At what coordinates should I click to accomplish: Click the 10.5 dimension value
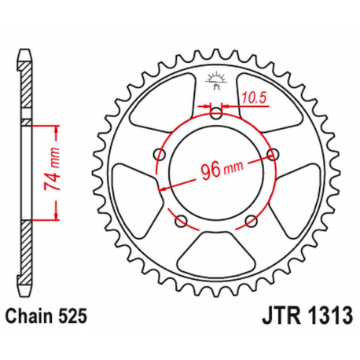click(x=253, y=98)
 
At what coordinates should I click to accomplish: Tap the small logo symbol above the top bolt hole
click(x=216, y=78)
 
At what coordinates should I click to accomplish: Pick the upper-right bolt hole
click(x=273, y=152)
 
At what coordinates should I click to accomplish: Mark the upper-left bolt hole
click(x=160, y=152)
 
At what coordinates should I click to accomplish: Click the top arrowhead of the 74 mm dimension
click(x=57, y=126)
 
